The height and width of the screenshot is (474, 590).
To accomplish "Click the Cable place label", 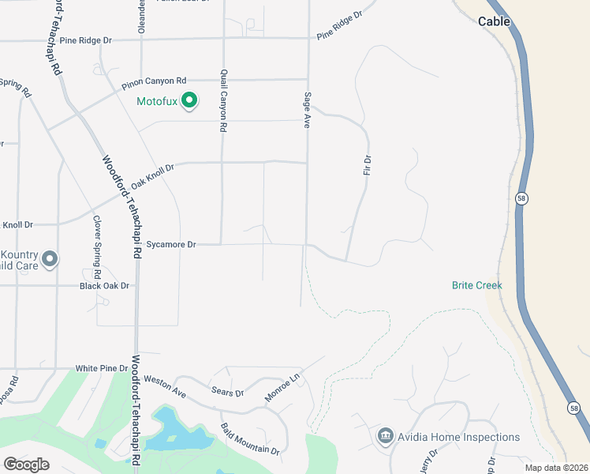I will coord(495,22).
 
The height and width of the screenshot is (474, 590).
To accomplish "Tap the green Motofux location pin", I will coord(189,101).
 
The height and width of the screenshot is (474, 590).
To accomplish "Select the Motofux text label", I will coord(156,102).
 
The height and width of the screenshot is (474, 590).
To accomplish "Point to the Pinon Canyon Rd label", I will coord(154,82).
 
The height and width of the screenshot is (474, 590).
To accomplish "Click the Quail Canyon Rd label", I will coord(224,100).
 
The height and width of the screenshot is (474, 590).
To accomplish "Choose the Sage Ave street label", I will coord(308,110).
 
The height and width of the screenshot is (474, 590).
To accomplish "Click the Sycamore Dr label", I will coord(170,245).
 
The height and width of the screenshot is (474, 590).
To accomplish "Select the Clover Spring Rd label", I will coord(97,247).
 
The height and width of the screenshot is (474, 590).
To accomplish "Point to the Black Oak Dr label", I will coord(104,285).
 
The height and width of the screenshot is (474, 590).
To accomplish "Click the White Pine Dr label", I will coord(102,368).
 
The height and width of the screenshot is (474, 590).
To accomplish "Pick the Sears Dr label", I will coord(228,392).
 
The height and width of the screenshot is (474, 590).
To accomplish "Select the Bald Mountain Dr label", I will coord(250,439).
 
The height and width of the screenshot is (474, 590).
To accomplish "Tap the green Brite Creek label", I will coord(477,285).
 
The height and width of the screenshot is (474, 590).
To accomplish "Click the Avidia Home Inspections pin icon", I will coord(385,436).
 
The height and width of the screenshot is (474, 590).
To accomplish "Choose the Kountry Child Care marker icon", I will coord(49,259).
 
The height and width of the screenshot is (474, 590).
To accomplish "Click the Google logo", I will coord(26,464).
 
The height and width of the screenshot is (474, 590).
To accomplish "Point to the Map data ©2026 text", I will coord(556,468).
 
